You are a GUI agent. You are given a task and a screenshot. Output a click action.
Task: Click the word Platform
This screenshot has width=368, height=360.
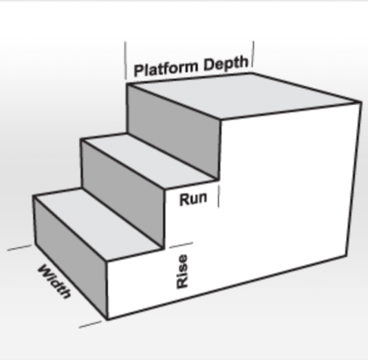tap(168, 68)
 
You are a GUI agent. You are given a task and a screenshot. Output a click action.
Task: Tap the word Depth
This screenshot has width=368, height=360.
tap(226, 63)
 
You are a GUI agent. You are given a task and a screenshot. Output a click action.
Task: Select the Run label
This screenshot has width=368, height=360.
tap(194, 199)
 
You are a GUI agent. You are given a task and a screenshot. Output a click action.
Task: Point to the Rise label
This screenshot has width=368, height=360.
tap(182, 271)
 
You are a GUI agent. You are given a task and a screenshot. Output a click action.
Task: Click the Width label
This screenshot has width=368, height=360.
tap(55, 281)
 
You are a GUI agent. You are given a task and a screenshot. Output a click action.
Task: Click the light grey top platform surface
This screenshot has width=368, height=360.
tap(243, 96)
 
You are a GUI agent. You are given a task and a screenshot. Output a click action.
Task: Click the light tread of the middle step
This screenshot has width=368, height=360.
tap(150, 161)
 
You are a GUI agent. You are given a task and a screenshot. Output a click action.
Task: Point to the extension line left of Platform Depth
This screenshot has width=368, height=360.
tap(126, 61)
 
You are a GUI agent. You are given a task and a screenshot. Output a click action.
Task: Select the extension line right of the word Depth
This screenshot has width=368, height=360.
tap(253, 54)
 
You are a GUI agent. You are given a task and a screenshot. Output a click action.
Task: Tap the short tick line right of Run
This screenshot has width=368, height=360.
tap(219, 196)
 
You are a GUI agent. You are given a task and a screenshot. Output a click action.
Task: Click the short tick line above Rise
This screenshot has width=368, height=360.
tap(181, 245)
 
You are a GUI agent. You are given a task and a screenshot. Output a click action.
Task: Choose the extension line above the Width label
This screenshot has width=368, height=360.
tap(19, 247)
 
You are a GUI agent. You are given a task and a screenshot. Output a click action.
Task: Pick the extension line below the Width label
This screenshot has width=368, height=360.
tap(90, 324)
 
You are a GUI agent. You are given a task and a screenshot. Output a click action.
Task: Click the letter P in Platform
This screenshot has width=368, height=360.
tap(138, 71)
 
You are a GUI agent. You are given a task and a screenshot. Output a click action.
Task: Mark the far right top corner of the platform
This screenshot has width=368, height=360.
tap(361, 102)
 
